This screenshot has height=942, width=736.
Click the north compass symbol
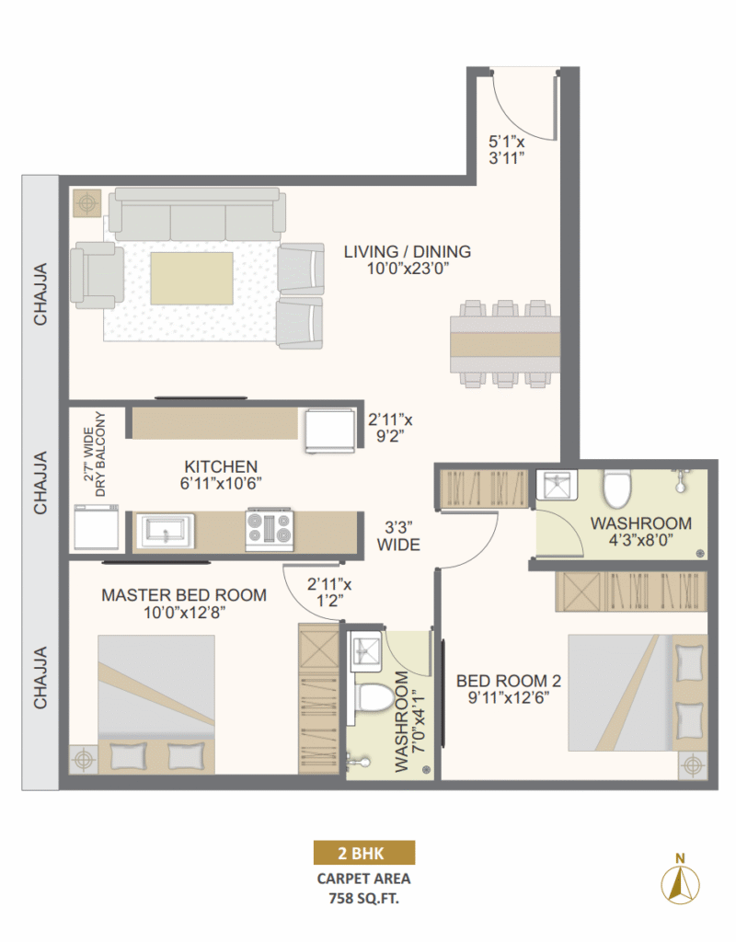point(680,881)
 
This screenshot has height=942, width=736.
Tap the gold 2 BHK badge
point(364,853)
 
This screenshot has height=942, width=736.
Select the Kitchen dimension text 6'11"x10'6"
point(221,483)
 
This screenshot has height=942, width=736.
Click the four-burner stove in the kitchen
point(270,530)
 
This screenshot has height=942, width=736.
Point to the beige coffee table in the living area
point(191,278)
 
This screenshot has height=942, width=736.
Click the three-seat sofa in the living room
point(197,213)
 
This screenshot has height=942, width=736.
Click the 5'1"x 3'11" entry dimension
point(507,150)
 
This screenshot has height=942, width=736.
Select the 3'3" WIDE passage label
point(398,536)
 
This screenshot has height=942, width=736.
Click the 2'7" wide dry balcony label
point(95,454)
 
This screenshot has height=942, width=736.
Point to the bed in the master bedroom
point(156,704)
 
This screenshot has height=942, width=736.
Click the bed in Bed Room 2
point(638,693)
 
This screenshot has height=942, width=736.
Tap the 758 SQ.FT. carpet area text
point(363,900)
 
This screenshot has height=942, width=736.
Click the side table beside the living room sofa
point(87,203)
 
